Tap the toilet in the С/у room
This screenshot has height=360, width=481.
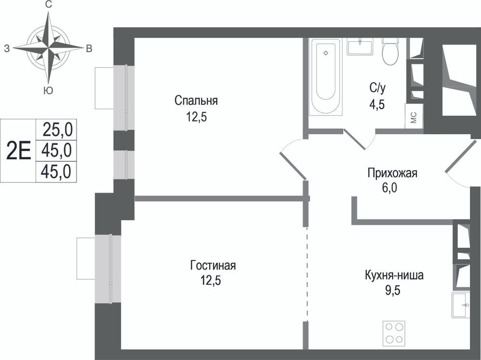click(390, 51)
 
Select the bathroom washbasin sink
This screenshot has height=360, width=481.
click(360, 47)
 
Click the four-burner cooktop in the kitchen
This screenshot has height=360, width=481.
click(394, 334)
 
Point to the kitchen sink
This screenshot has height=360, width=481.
click(460, 305)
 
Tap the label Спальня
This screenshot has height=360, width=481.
click(196, 101)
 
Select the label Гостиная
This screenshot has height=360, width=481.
click(213, 265)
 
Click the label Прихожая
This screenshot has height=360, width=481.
click(392, 173)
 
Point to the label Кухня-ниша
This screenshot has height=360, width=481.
click(394, 275)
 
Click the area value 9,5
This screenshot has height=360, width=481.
click(393, 290)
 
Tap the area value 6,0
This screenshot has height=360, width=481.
click(389, 188)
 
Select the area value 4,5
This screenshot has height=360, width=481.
click(377, 104)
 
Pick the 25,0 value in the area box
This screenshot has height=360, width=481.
click(57, 129)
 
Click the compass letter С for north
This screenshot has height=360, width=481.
click(48, 5)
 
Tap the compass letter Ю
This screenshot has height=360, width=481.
click(48, 90)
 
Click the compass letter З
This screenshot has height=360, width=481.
click(7, 49)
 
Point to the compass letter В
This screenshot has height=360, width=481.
click(89, 49)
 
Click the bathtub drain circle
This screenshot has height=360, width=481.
click(326, 53)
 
